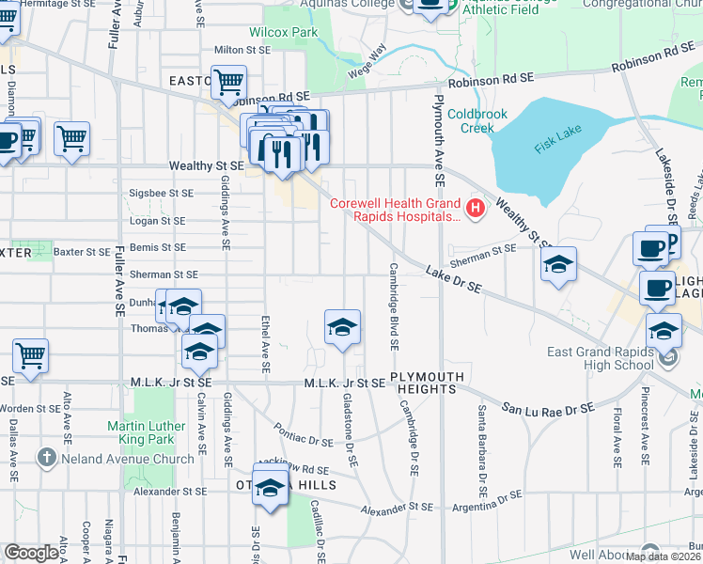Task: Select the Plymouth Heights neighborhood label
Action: coord(430,383)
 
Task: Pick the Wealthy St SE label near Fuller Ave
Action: coord(207,165)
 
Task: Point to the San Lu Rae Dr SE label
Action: coord(547,409)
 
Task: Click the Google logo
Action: coord(32,553)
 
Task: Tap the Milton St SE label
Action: coord(242,49)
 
